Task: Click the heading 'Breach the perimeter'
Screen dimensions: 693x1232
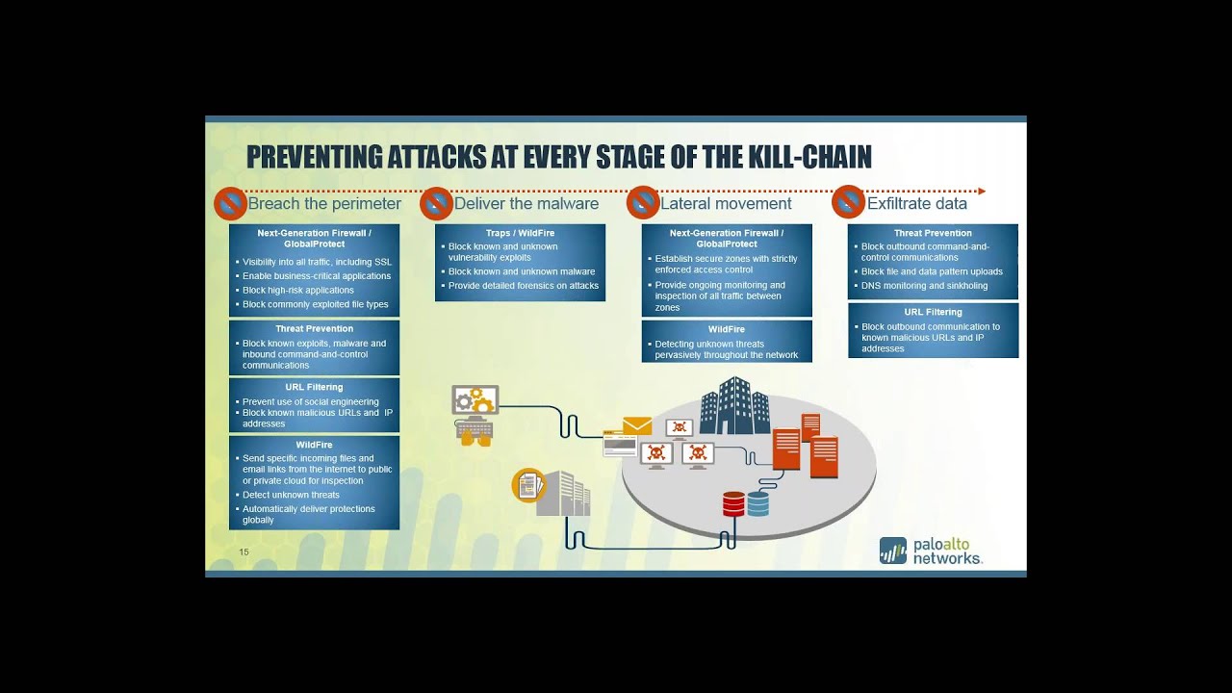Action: click(x=324, y=204)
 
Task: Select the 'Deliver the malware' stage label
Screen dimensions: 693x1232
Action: click(x=526, y=204)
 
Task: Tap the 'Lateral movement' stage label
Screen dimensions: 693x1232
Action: click(x=726, y=204)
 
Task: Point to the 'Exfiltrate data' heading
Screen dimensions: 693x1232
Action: click(x=917, y=204)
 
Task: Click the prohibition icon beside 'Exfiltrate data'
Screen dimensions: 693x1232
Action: click(x=848, y=202)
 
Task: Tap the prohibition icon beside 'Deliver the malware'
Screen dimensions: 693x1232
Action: click(x=436, y=203)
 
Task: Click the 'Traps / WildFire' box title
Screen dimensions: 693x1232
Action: click(x=520, y=233)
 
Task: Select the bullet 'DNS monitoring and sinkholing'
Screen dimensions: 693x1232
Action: click(x=924, y=286)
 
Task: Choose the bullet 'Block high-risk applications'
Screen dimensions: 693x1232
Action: click(x=298, y=291)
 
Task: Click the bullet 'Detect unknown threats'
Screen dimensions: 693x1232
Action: click(x=291, y=495)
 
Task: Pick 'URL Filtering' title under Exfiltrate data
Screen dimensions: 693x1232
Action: click(x=933, y=312)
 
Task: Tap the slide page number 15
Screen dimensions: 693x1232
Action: click(x=244, y=552)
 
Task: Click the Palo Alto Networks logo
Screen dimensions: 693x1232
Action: click(x=931, y=551)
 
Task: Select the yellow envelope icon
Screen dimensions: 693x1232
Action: click(x=637, y=425)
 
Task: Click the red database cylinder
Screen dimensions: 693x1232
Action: click(x=733, y=503)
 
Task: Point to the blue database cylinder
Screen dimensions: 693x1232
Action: click(x=758, y=503)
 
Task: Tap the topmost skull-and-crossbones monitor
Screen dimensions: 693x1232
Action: click(x=680, y=428)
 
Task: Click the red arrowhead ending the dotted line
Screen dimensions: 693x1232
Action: click(x=981, y=192)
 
